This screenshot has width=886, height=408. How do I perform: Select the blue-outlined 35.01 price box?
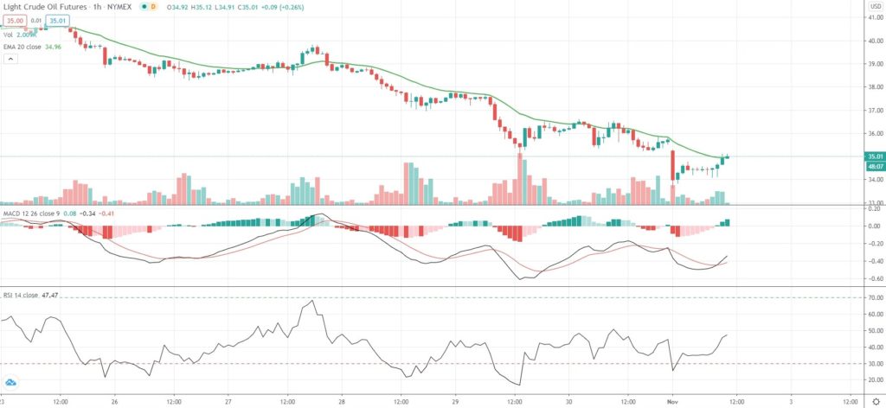tap(57, 21)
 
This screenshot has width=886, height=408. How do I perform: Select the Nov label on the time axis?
tap(677, 402)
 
